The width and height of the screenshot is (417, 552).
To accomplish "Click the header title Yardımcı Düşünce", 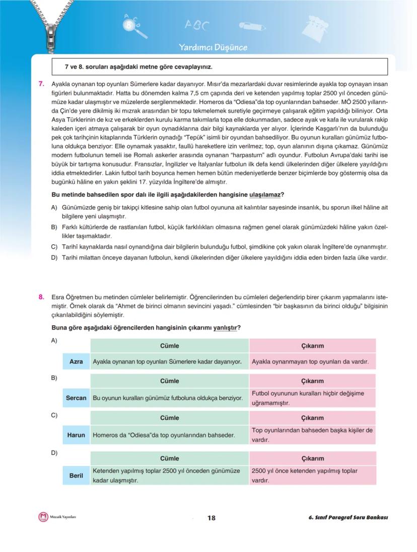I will [213, 48].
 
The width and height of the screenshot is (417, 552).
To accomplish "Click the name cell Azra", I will [76, 361].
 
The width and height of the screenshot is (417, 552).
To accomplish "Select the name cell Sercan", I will [76, 398].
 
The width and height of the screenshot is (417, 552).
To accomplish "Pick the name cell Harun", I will [76, 435].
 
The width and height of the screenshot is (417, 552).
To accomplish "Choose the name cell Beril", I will [76, 475].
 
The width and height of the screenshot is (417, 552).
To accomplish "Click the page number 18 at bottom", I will [211, 518].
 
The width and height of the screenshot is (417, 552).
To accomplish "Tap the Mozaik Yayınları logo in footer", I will [43, 517].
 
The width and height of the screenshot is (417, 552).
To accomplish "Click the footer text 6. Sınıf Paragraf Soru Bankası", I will [348, 518].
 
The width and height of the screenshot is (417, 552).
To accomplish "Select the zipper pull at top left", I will [50, 35].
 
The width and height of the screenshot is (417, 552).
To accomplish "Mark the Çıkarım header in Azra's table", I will [312, 345].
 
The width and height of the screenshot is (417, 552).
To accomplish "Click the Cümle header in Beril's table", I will [170, 458].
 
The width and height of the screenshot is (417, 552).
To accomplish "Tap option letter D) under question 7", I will [54, 257].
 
